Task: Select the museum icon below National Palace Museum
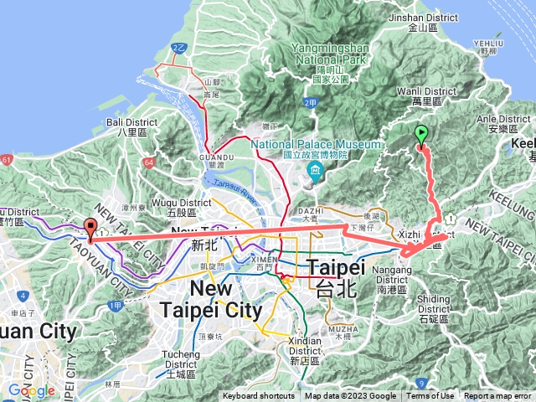coord(315,173)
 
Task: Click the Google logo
coord(31,390)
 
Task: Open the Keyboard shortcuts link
coord(258,396)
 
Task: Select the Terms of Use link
coord(430,396)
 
